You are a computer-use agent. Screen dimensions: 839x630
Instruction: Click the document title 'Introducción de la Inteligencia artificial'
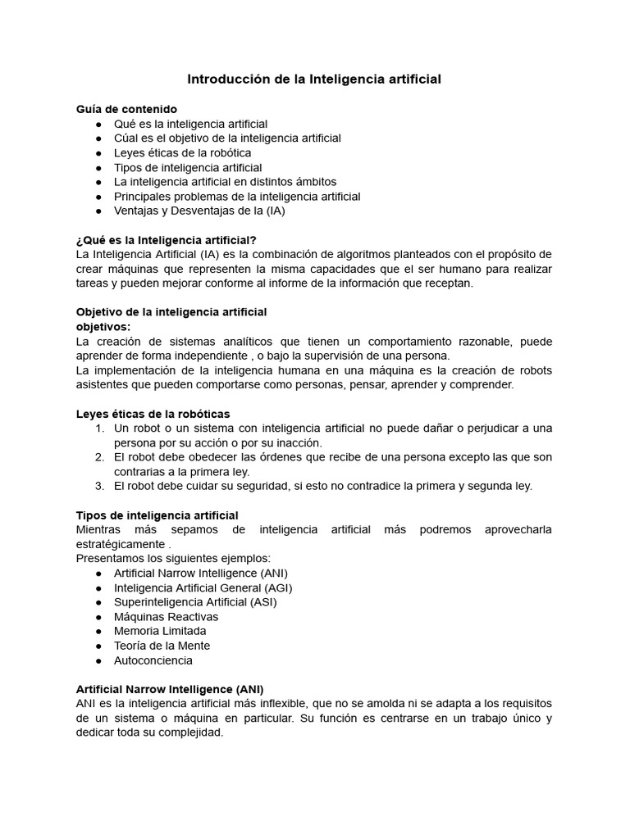(x=314, y=79)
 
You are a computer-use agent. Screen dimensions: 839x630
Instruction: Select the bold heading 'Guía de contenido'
(x=126, y=109)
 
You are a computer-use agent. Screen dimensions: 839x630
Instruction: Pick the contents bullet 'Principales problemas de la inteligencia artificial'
(x=237, y=196)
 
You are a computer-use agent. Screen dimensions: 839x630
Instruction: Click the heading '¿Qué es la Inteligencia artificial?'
(x=167, y=239)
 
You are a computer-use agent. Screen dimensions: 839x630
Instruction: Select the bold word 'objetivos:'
(x=103, y=326)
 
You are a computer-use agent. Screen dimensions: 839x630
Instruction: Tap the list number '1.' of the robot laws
(x=99, y=428)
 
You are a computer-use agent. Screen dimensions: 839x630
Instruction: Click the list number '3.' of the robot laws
(x=99, y=485)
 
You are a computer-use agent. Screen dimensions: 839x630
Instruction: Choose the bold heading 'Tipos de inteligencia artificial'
(x=157, y=515)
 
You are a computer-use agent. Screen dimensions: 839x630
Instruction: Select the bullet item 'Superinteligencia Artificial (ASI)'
(x=195, y=601)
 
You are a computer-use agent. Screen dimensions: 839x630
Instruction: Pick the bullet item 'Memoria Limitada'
(x=160, y=631)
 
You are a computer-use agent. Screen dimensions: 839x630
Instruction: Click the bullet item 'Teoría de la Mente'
(x=162, y=646)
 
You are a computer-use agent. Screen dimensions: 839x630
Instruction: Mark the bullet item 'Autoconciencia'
(x=153, y=660)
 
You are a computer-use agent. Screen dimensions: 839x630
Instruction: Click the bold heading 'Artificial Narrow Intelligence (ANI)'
(x=170, y=689)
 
